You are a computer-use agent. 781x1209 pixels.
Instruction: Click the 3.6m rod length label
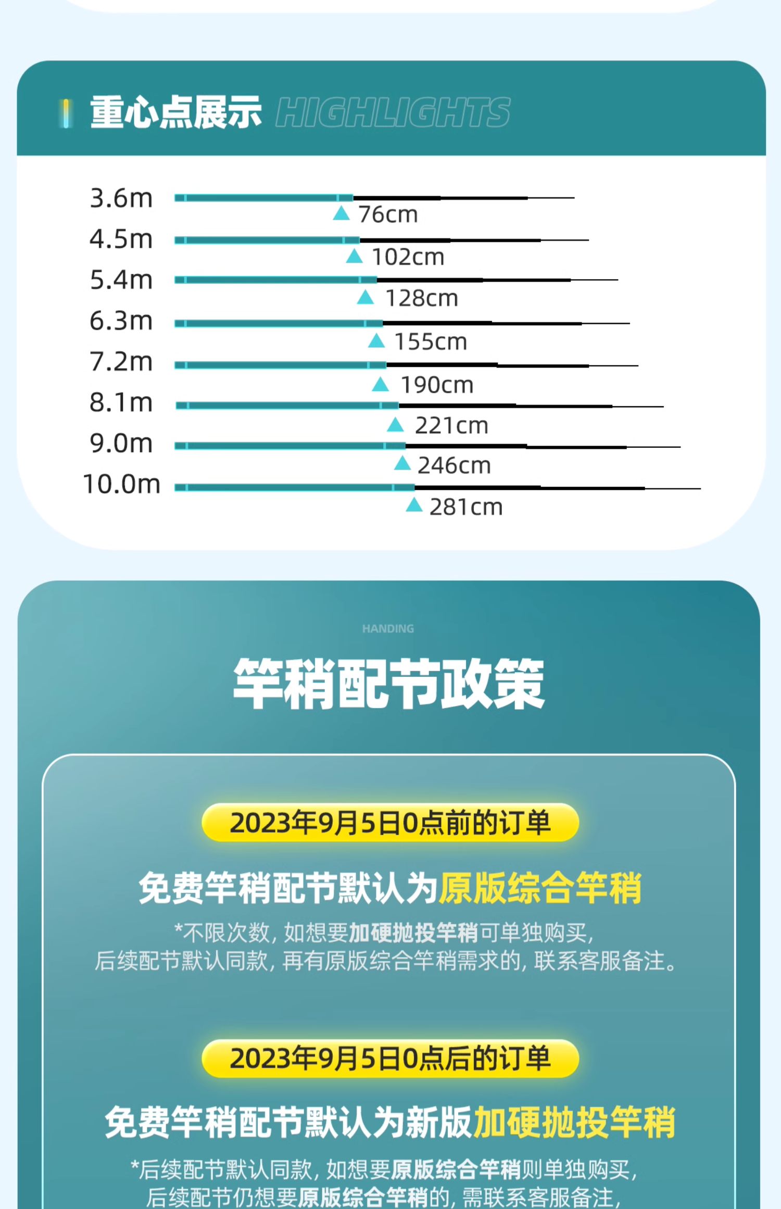click(121, 198)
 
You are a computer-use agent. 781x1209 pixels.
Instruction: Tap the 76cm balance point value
click(388, 215)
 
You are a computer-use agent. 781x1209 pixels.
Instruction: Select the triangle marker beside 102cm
click(354, 256)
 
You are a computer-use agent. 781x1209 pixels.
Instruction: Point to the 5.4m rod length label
click(121, 280)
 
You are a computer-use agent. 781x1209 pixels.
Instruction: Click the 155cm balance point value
click(431, 342)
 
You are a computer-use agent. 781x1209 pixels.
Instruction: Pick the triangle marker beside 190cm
click(381, 385)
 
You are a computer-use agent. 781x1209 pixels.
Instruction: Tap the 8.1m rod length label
click(121, 402)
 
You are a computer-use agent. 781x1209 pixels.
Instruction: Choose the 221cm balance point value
click(451, 426)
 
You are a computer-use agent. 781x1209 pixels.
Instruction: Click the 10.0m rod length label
click(121, 484)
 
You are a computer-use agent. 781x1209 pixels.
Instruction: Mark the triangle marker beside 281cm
click(414, 505)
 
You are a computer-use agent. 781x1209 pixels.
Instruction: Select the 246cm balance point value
click(454, 465)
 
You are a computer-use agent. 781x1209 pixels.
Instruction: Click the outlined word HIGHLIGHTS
click(393, 112)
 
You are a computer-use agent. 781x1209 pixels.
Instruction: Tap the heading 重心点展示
click(175, 112)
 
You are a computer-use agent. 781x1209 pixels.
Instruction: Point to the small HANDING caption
click(388, 629)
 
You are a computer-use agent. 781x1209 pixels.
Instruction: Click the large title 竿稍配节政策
click(388, 684)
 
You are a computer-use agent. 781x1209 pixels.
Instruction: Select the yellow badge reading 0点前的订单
click(390, 823)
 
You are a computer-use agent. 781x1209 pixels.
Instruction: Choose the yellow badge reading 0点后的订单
click(390, 1059)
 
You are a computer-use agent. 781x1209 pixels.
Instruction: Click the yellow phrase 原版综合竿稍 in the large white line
click(540, 888)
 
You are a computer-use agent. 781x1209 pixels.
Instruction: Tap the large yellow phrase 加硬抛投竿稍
click(574, 1123)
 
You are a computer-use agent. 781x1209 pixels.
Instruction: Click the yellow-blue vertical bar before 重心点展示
click(66, 113)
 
